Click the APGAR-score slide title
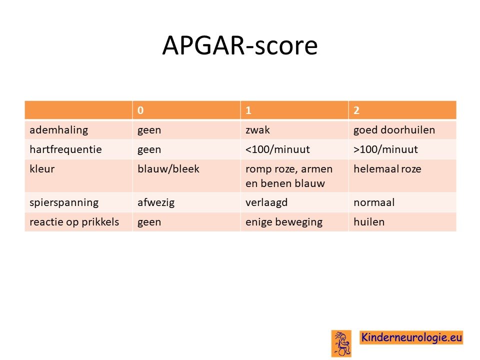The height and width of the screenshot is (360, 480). coord(240,45)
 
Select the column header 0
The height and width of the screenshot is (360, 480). coord(140,110)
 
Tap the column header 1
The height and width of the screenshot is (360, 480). coord(248,110)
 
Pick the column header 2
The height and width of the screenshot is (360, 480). coord(356,110)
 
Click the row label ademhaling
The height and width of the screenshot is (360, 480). coord(59,130)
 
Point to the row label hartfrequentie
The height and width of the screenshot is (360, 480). coord(65,149)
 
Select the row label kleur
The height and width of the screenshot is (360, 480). coord(42,168)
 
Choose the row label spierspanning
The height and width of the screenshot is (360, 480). coord(64,202)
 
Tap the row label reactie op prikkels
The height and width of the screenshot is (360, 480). coord(74,222)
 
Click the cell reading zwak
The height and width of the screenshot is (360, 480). coord(258,130)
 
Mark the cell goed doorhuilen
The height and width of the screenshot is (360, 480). coord(394,130)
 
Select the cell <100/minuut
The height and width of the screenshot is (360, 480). coord(277,149)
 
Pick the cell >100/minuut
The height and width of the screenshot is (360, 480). coord(385,149)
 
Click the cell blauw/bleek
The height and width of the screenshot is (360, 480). coord(168,168)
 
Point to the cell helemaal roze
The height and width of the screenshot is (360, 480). coord(387,168)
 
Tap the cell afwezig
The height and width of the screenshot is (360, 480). coord(156,202)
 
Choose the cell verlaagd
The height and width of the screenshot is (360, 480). coord(266,202)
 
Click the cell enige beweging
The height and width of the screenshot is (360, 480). coord(284,222)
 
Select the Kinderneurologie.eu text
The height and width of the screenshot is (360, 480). coord(411,337)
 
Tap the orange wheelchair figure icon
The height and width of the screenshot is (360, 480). coord(341,343)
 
